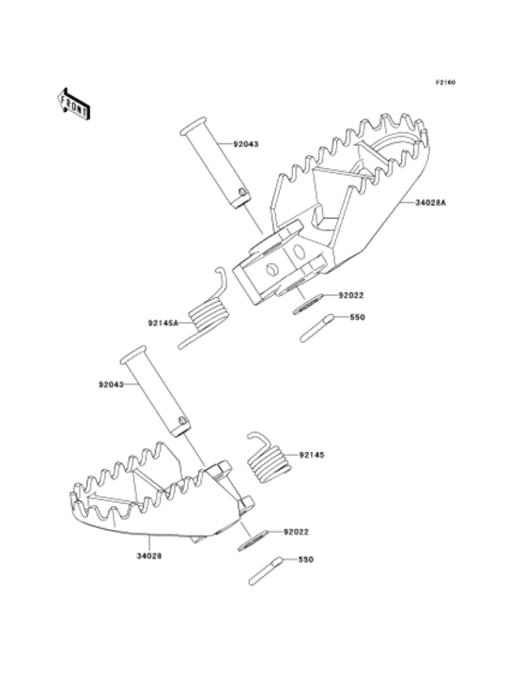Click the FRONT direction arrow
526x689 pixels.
[x=73, y=103]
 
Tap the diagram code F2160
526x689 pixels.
[x=445, y=82]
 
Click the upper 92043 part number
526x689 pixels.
[x=246, y=144]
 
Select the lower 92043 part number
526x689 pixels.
[x=111, y=384]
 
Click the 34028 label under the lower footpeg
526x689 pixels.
[x=148, y=556]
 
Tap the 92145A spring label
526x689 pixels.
[x=163, y=323]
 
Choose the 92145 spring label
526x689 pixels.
[x=312, y=455]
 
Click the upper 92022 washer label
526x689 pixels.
[x=350, y=295]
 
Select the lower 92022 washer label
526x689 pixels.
[x=296, y=532]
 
